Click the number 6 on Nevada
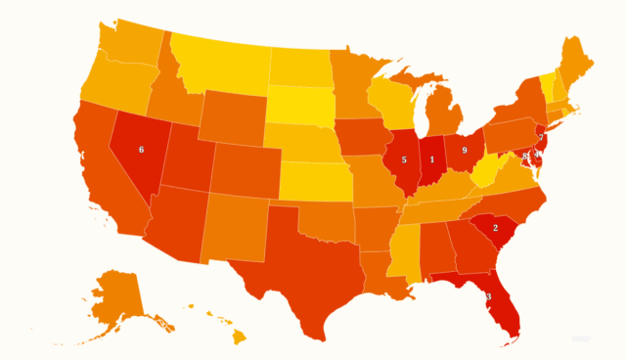point(141,150)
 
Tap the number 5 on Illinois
point(404,159)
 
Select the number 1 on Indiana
point(432,159)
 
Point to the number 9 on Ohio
point(464,151)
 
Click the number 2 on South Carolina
point(496,228)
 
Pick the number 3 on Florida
point(488,297)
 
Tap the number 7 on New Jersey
point(541,138)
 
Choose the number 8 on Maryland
point(526,156)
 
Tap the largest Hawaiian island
point(238,337)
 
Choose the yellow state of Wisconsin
point(395,102)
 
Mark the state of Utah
point(184,157)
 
